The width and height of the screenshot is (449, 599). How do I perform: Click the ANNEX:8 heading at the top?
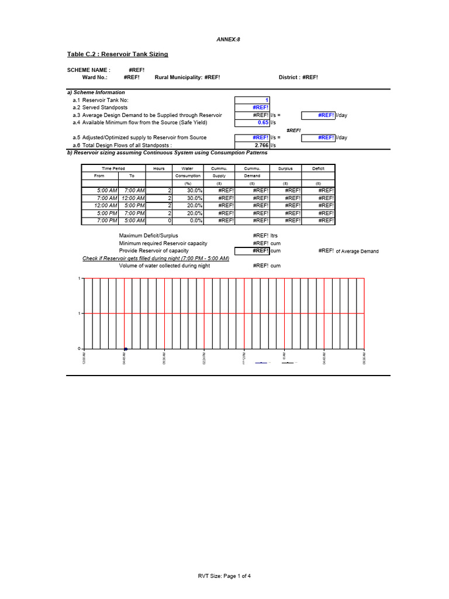pos(229,39)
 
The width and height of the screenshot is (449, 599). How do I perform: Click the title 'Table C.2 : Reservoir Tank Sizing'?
pos(118,54)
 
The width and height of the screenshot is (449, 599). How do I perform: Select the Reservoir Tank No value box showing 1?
pos(252,100)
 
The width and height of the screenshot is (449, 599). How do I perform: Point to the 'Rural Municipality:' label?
pos(178,77)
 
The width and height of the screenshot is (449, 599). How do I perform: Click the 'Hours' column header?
pos(159,168)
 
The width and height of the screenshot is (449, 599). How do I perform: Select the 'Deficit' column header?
pos(318,168)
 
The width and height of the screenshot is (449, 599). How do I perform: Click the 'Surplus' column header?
pos(286,168)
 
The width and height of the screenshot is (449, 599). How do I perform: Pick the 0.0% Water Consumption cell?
pos(188,221)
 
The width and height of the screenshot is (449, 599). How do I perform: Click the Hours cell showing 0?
pos(159,221)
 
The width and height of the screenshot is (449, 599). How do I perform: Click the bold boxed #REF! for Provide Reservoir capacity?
pos(252,250)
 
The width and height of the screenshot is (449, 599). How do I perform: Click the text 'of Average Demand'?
pos(357,252)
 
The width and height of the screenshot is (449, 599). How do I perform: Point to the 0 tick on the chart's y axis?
pos(80,349)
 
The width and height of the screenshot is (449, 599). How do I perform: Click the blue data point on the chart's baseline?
pos(126,349)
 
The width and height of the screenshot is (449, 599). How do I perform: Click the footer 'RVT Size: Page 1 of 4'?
pos(224,576)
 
